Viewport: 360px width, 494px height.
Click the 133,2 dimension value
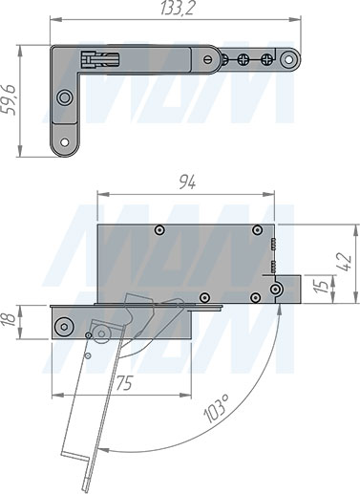pyautogui.click(x=177, y=8)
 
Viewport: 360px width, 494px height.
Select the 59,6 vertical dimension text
pyautogui.click(x=8, y=99)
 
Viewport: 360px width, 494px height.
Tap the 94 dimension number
pyautogui.click(x=187, y=183)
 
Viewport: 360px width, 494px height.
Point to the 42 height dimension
pyautogui.click(x=345, y=262)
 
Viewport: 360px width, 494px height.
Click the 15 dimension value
pyautogui.click(x=323, y=287)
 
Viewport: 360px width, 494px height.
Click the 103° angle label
pyautogui.click(x=217, y=409)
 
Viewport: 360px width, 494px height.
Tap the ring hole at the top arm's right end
pyautogui.click(x=288, y=59)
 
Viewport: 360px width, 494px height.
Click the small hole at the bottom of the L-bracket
pyautogui.click(x=65, y=142)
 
